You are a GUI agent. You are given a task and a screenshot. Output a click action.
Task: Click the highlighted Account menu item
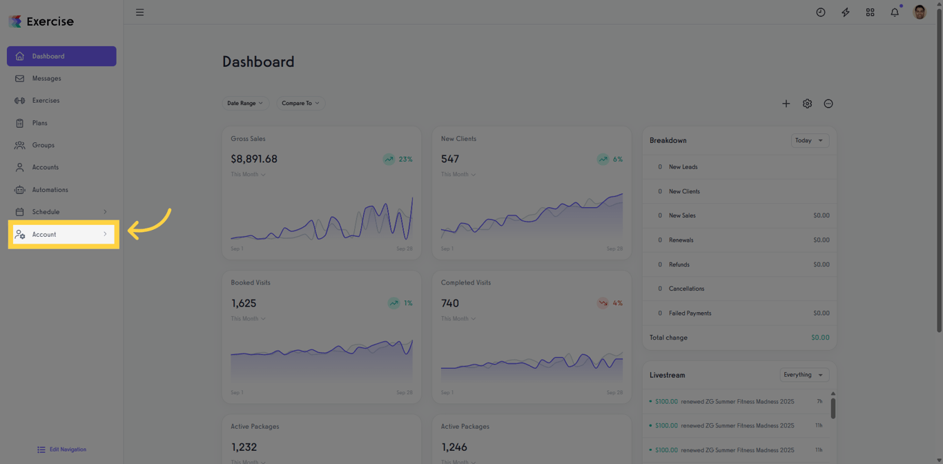(62, 235)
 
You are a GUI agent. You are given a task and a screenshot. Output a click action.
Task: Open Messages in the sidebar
(46, 79)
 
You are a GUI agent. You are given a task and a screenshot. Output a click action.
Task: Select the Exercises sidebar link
(46, 101)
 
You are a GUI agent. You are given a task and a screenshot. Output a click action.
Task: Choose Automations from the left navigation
(50, 190)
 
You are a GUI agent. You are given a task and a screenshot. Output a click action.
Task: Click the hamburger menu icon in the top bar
(139, 12)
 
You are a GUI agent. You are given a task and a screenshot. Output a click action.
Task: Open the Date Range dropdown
(245, 103)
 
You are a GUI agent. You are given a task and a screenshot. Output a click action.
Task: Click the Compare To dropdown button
(300, 103)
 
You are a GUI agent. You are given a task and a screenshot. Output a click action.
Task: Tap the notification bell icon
(895, 12)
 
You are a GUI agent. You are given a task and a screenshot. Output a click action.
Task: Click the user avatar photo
(920, 12)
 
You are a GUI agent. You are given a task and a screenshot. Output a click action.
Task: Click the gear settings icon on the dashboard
(807, 104)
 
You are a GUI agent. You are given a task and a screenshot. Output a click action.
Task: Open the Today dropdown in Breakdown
(810, 140)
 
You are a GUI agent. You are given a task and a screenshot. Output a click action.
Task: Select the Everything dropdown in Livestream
(804, 375)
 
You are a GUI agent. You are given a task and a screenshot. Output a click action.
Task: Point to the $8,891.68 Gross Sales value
(254, 159)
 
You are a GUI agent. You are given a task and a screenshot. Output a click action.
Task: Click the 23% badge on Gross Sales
(398, 159)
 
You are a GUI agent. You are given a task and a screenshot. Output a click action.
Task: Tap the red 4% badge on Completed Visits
(610, 303)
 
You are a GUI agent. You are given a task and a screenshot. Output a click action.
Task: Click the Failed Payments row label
(690, 313)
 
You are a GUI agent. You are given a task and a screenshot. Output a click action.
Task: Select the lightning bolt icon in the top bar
(846, 12)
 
